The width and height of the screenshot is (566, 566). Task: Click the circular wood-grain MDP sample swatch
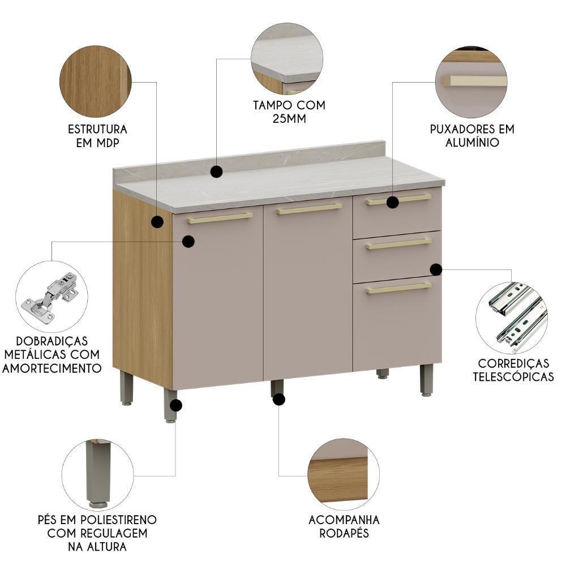(95, 82)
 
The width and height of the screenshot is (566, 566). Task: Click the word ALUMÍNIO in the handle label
(472, 143)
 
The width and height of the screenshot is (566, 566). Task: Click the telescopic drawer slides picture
(512, 318)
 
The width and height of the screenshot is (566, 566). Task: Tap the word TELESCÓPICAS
(513, 376)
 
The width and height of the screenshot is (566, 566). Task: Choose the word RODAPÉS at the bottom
(344, 533)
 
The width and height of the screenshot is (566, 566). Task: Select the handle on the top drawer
(398, 199)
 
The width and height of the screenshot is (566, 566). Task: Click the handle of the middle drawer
(398, 244)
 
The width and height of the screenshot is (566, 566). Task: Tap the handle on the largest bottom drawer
(398, 288)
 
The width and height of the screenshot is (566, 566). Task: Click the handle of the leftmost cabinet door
(220, 218)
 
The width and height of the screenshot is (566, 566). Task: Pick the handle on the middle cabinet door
(309, 209)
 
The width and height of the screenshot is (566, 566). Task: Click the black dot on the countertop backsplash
(216, 171)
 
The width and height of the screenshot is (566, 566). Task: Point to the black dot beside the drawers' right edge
(435, 269)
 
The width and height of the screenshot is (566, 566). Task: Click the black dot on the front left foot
(177, 405)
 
